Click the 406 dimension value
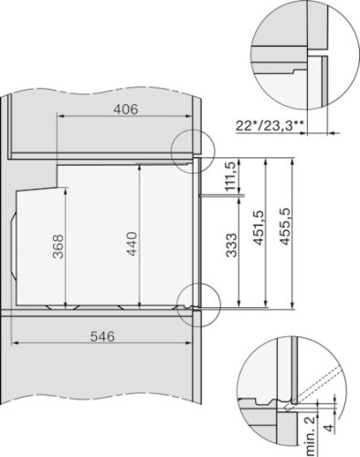[125, 110]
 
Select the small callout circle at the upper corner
[193, 146]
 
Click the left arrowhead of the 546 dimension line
[13, 344]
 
